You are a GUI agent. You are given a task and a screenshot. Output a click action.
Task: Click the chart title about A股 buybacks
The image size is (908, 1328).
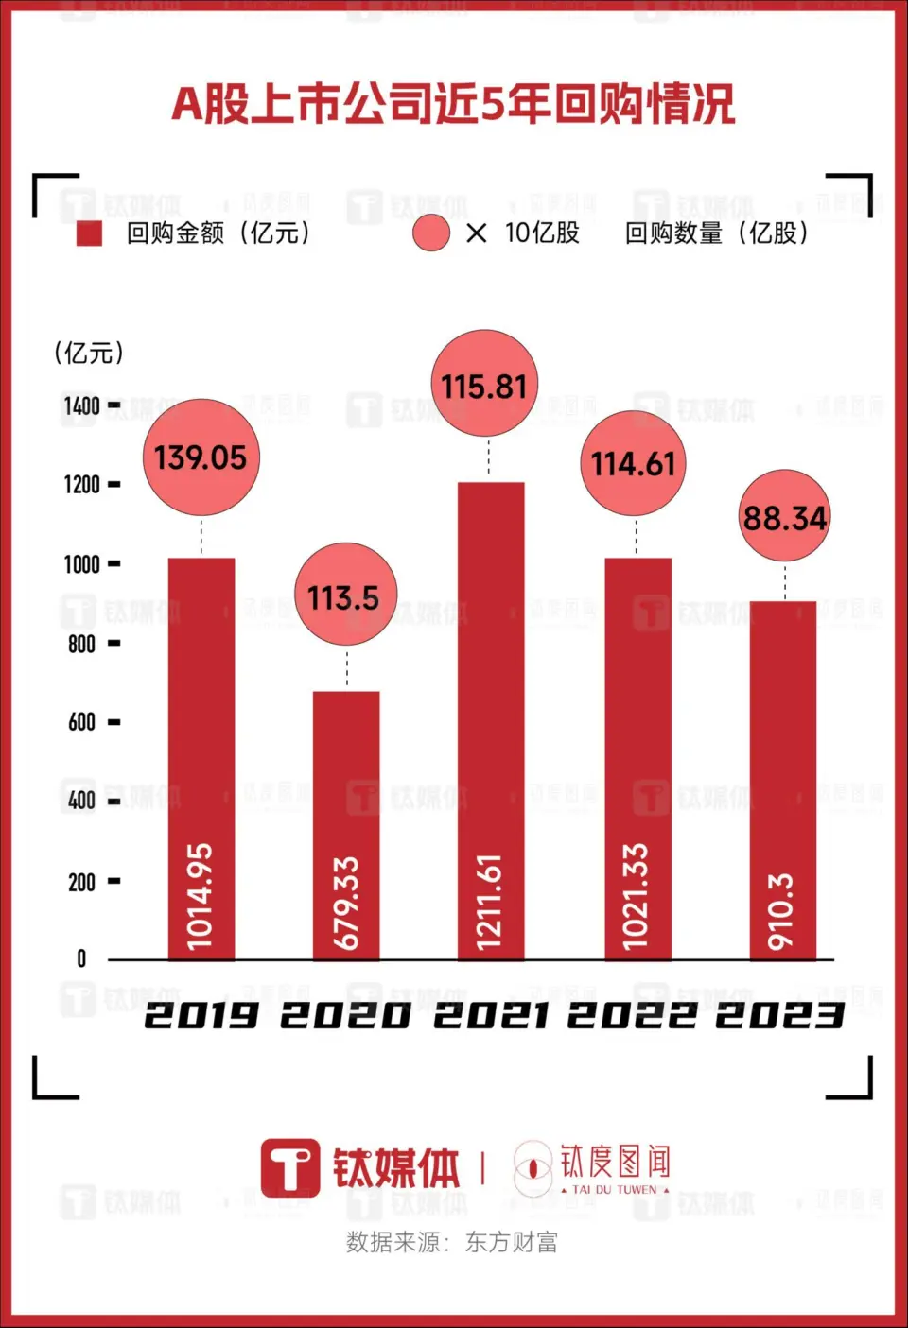453,104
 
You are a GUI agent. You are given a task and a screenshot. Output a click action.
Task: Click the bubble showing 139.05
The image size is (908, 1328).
201,457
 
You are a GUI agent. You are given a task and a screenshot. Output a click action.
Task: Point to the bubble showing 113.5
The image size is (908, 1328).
346,595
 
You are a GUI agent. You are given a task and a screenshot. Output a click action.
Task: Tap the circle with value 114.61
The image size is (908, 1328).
633,463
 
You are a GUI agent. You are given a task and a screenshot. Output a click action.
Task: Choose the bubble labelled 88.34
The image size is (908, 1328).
784,516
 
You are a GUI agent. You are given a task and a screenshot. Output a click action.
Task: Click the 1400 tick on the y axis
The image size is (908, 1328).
83,405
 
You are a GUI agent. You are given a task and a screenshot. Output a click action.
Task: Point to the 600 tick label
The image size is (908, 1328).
82,722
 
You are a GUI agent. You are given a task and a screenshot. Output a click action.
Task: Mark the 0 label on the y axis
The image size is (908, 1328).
81,959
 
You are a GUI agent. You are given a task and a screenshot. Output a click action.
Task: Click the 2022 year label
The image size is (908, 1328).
632,1016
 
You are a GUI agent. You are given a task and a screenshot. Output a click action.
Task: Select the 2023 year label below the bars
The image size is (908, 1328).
779,1016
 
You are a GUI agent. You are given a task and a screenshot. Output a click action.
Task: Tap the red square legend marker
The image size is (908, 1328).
89,233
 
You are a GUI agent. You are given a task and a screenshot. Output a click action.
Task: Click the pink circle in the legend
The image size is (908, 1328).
431,233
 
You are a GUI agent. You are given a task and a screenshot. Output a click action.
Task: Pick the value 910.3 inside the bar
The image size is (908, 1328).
781,911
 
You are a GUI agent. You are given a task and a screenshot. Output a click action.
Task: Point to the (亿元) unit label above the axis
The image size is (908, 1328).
89,354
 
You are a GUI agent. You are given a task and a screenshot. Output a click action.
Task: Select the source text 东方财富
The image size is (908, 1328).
512,1242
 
